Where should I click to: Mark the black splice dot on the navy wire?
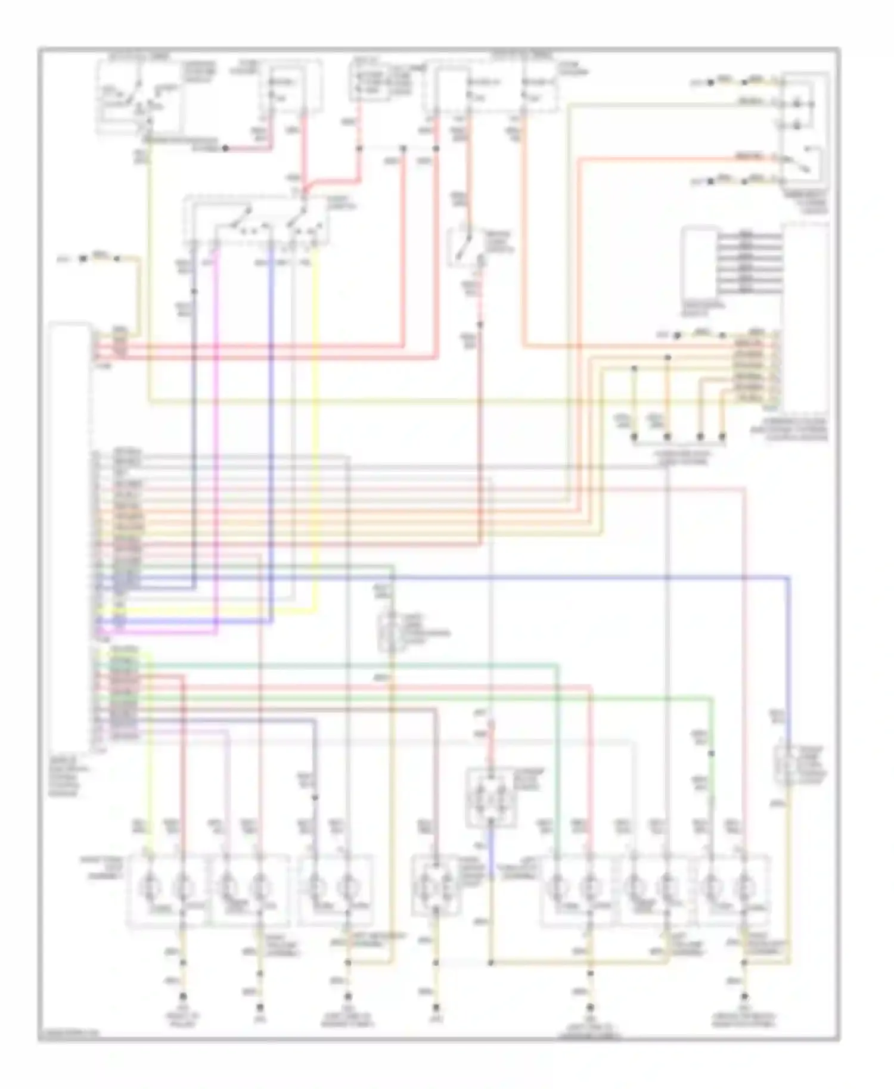194,291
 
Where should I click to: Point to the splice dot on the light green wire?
711,754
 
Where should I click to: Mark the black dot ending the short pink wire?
225,148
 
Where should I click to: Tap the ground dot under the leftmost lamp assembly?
183,996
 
